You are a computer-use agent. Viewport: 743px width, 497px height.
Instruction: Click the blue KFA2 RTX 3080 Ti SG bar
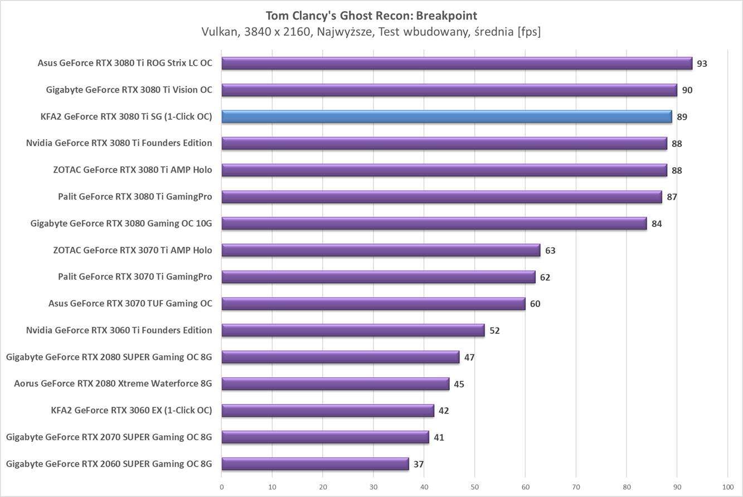click(x=446, y=116)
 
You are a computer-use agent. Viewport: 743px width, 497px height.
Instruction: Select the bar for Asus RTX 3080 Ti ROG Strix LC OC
click(x=457, y=63)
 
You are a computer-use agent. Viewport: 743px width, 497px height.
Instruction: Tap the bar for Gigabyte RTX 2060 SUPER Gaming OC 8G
click(x=315, y=464)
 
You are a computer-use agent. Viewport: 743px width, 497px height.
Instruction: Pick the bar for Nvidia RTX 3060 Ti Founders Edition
click(x=353, y=330)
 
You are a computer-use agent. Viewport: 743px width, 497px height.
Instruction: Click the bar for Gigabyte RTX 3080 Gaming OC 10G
click(x=434, y=223)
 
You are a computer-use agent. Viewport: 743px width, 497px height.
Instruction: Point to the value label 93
click(x=702, y=64)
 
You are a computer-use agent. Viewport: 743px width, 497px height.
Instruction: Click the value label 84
click(x=657, y=224)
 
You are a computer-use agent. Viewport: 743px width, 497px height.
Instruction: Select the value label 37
click(x=419, y=464)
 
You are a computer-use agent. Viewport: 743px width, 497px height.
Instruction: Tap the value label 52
click(x=494, y=331)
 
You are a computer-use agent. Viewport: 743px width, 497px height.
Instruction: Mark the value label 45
click(x=459, y=384)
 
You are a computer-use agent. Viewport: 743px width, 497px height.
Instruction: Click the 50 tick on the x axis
click(x=474, y=486)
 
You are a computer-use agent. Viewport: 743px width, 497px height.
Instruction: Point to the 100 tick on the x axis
click(x=727, y=486)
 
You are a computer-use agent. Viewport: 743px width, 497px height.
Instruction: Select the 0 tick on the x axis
click(x=222, y=486)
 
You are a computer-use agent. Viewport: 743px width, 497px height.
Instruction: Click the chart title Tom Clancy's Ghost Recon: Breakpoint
click(x=371, y=15)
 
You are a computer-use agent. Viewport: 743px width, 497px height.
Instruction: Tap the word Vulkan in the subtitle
click(x=219, y=32)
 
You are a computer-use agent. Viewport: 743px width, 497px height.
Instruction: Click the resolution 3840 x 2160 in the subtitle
click(x=274, y=32)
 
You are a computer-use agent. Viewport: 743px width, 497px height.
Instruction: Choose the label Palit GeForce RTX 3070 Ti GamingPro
click(x=135, y=277)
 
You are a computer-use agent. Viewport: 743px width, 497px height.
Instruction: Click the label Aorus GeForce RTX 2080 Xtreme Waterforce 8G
click(x=113, y=384)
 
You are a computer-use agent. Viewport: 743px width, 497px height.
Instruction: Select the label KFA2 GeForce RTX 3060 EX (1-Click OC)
click(x=131, y=411)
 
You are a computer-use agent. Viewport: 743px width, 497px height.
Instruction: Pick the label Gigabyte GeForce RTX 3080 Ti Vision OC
click(x=129, y=90)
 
